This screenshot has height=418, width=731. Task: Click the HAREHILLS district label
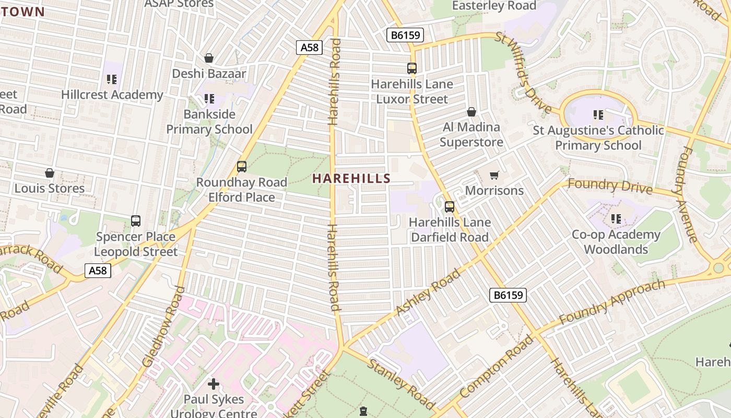(351, 178)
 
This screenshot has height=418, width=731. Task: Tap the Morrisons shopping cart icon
(494, 176)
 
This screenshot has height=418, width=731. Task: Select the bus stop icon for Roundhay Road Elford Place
(241, 167)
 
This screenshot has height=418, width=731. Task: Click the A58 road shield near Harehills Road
(309, 48)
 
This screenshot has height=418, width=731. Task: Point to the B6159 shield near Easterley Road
(405, 35)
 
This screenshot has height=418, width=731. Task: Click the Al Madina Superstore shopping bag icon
(471, 112)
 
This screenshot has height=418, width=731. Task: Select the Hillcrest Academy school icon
(112, 79)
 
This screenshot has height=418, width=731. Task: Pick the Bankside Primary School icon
(209, 98)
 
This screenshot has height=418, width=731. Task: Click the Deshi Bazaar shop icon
(209, 58)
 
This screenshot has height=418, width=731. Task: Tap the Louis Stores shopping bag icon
(50, 173)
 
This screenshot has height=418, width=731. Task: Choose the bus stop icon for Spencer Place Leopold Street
(136, 221)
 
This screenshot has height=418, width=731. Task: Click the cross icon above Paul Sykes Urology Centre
(214, 385)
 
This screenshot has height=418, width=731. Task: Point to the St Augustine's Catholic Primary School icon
(598, 114)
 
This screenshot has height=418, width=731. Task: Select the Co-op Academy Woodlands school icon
(616, 219)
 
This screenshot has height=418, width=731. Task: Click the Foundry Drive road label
(609, 185)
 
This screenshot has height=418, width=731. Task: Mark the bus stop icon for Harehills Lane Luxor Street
(411, 68)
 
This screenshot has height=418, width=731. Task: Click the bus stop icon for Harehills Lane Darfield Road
(450, 207)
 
